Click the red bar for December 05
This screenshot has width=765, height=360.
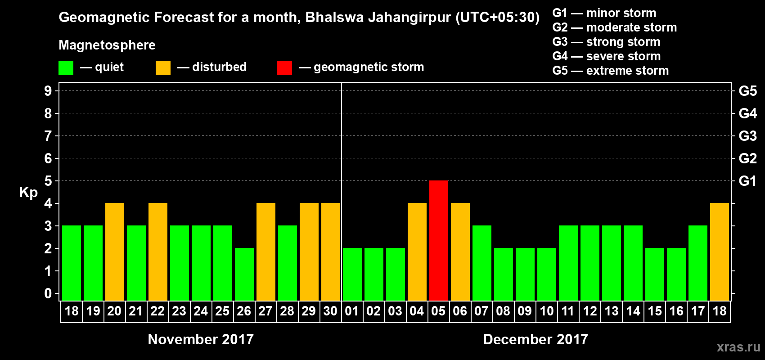point(439,240)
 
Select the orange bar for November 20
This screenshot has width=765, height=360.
point(115,252)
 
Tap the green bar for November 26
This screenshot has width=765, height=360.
point(244,274)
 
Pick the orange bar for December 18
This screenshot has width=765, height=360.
point(720,252)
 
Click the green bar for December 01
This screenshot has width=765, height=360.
point(352,274)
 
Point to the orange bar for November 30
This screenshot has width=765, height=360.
point(331,252)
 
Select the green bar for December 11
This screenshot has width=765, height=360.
point(568,263)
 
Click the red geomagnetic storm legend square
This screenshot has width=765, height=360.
point(284,68)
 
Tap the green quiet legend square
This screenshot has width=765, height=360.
point(66,68)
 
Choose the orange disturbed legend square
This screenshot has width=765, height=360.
point(163,68)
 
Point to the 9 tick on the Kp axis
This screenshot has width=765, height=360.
point(48,91)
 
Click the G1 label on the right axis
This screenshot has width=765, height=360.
point(747,181)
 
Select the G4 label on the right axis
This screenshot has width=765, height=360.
point(747,113)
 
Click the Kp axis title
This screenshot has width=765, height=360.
point(28,193)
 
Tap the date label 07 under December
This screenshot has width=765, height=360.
point(481,311)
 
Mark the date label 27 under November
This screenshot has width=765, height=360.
point(265,311)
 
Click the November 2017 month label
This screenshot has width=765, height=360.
point(201,339)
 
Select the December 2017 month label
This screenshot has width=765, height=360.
point(535,339)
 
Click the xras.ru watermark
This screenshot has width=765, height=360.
point(738,347)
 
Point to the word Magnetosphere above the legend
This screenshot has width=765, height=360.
point(107,45)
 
